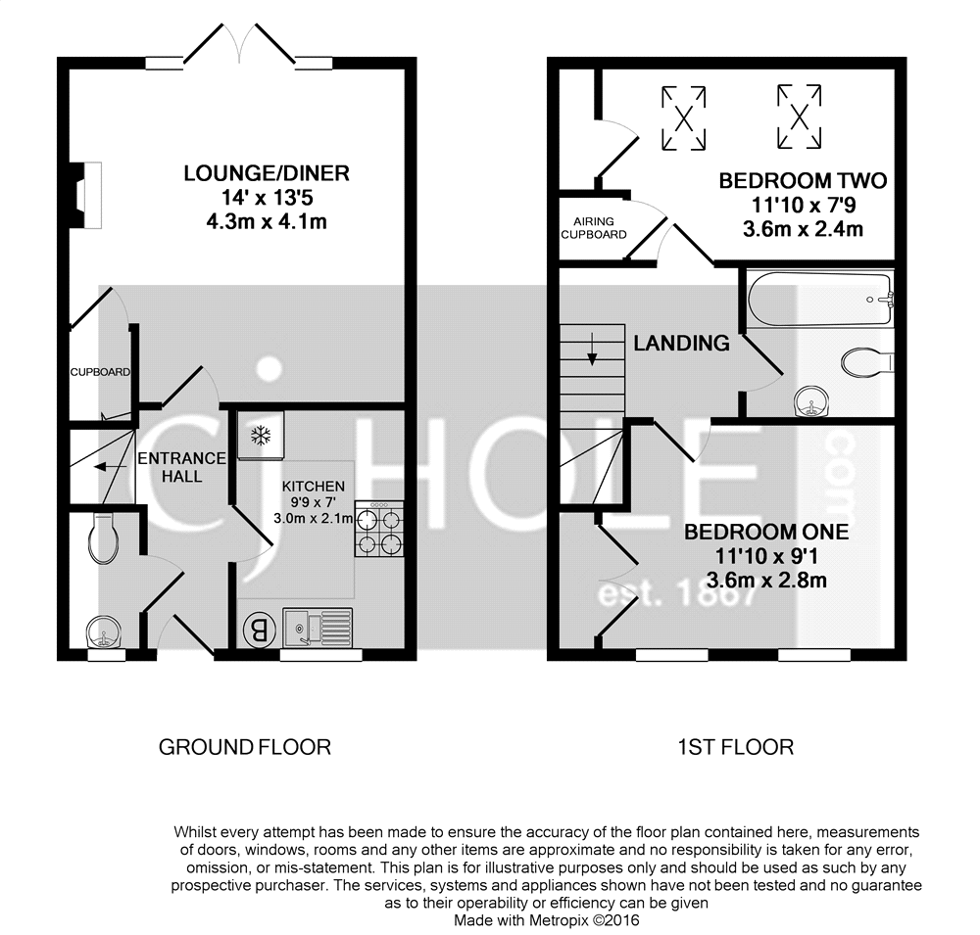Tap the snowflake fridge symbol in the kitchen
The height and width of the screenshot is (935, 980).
261,435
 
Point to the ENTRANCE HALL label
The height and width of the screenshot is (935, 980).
182,467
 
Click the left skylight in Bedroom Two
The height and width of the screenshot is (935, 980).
684,118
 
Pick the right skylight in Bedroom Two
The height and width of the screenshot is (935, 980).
800,117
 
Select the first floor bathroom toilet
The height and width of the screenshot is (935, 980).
867,360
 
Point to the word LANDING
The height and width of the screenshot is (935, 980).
681,344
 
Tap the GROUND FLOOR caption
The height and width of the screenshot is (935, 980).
245,747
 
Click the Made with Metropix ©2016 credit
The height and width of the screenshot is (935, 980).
546,920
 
